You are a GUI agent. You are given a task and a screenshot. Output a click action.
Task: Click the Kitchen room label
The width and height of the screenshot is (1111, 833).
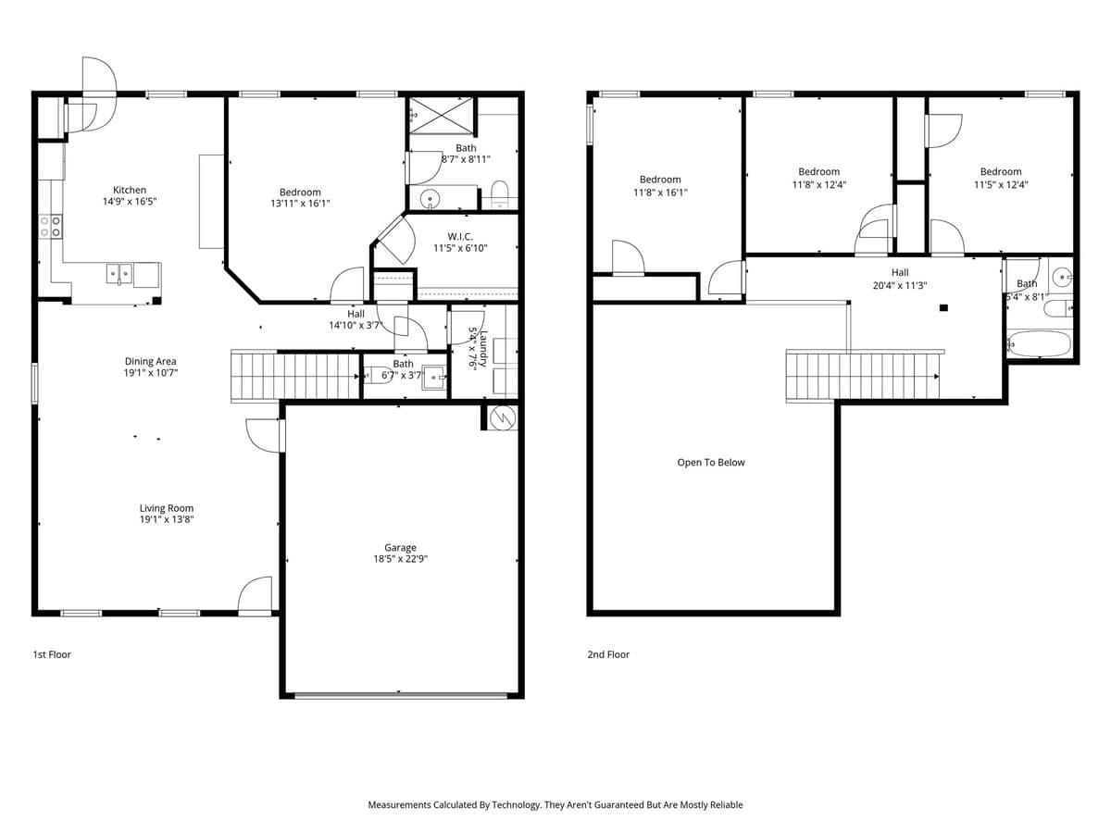(130, 190)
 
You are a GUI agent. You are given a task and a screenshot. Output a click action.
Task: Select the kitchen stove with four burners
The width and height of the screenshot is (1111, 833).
(51, 227)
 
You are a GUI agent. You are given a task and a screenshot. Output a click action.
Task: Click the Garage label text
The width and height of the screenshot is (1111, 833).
(400, 548)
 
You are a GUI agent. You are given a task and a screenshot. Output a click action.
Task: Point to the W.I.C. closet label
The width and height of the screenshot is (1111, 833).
(460, 237)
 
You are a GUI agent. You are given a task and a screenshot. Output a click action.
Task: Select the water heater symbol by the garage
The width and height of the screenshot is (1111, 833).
(501, 417)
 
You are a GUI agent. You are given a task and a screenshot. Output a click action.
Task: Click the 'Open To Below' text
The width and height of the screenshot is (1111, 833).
(710, 463)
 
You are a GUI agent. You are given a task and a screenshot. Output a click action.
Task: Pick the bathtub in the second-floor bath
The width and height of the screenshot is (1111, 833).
(1039, 344)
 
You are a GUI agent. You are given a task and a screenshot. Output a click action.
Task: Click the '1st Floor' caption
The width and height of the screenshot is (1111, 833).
(52, 654)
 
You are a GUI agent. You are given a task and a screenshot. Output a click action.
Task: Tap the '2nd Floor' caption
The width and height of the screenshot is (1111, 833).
(608, 654)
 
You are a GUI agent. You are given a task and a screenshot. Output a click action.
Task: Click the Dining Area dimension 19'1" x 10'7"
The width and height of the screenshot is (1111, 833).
(150, 373)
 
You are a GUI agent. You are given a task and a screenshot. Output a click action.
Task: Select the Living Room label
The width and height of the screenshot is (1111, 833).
(167, 508)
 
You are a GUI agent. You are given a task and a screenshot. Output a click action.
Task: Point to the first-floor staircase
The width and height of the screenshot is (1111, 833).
(294, 376)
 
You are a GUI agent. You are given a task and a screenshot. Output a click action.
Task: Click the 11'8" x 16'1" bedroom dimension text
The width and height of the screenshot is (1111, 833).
(660, 193)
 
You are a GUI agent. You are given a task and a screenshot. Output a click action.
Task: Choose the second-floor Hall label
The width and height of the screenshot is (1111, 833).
(900, 273)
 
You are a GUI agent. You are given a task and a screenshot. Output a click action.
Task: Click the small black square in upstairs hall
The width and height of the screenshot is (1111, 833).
(943, 307)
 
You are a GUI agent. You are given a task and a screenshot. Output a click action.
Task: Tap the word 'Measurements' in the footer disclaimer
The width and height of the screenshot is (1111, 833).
(399, 805)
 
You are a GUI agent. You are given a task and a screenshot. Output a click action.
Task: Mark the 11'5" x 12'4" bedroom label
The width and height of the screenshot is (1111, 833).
(1001, 184)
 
